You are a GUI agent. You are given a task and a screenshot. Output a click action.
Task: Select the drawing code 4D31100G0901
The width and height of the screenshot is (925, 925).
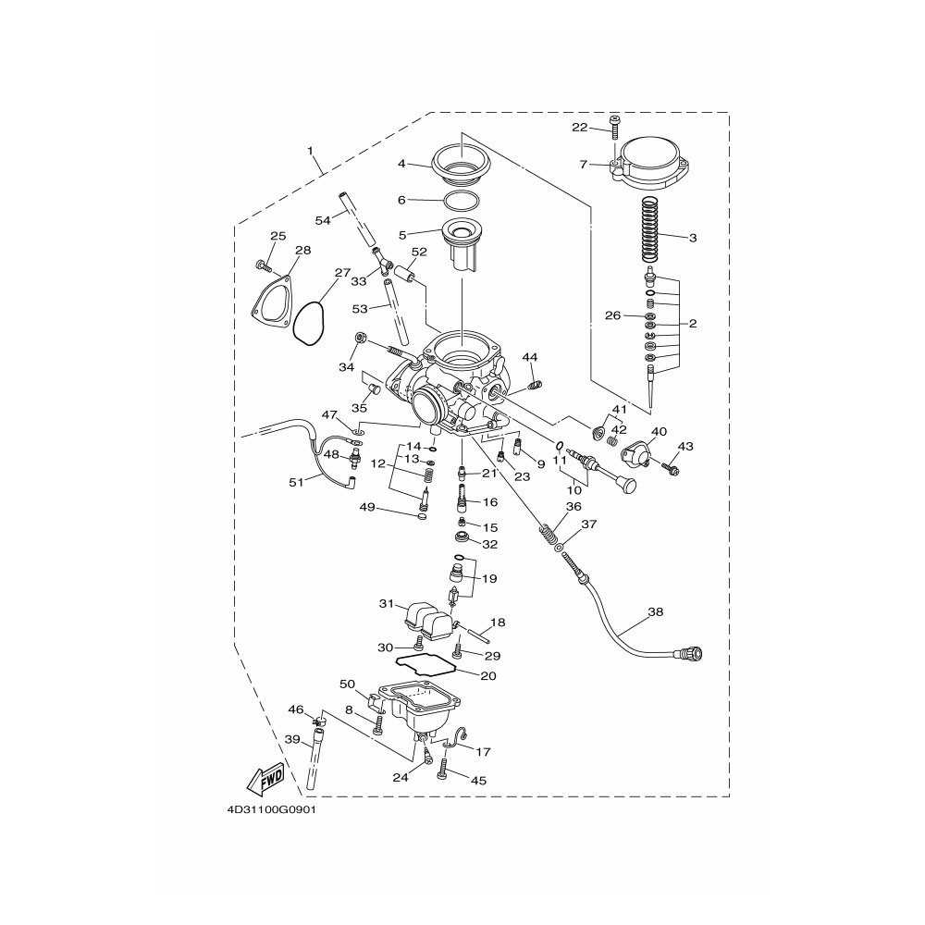(x=271, y=810)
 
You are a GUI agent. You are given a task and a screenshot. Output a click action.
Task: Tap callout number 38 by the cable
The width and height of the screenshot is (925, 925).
(x=656, y=611)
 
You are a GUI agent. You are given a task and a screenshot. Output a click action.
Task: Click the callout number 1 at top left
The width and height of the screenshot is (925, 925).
(x=310, y=151)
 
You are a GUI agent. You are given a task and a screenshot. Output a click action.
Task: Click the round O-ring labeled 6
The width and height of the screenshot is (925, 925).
(x=462, y=201)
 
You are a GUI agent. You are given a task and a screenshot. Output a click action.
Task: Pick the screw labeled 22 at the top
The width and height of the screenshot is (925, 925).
(x=615, y=127)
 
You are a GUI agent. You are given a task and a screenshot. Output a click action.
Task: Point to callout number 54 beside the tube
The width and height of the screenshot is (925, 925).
(x=323, y=220)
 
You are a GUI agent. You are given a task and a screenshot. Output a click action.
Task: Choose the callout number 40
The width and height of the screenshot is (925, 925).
(x=659, y=431)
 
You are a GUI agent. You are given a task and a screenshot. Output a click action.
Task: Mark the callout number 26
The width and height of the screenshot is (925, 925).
(x=613, y=315)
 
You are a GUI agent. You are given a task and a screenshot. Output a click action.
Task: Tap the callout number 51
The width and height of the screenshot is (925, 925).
(x=296, y=482)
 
